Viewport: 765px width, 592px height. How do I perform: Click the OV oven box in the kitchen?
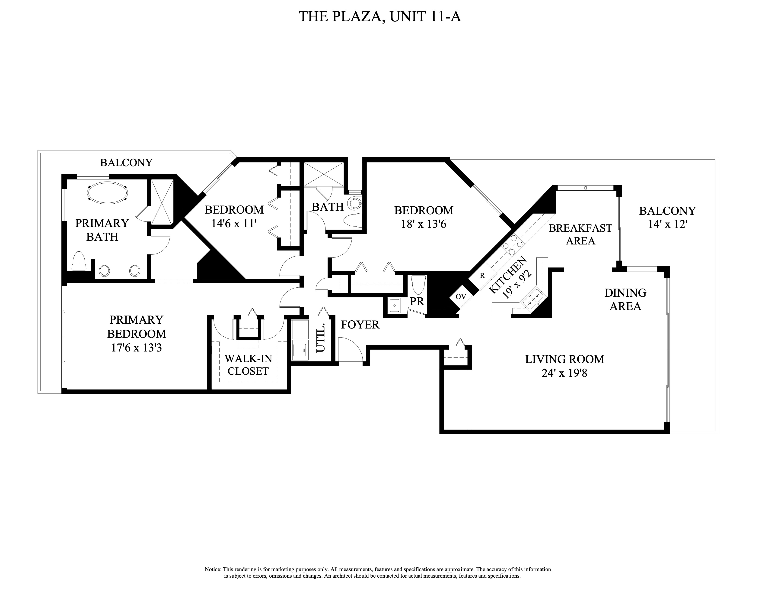[x=461, y=296]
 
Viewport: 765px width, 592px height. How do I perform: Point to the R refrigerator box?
[x=482, y=276]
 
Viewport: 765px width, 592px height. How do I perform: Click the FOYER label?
[x=360, y=325]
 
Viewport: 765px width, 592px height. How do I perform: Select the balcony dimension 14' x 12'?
[x=667, y=224]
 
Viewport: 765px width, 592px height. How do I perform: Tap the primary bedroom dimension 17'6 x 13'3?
[x=136, y=348]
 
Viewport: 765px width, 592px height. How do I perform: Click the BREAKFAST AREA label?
[x=580, y=234]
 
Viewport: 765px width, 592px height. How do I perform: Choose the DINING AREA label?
[x=625, y=299]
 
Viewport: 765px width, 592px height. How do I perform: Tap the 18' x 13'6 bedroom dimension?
[x=424, y=224]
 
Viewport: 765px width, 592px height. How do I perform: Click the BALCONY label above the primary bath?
[x=126, y=163]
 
